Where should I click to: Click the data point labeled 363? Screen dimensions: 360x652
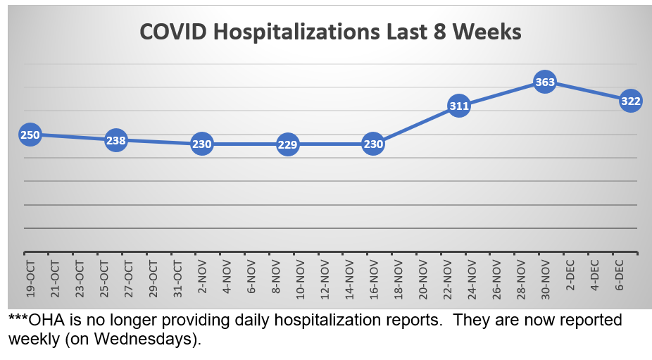click(x=545, y=82)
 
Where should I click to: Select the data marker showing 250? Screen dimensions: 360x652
click(x=30, y=135)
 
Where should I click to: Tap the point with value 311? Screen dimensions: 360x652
click(x=458, y=106)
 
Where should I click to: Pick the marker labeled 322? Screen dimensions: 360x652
click(x=630, y=101)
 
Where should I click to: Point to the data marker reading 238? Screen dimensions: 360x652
click(x=116, y=140)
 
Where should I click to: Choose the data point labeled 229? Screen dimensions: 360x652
click(x=287, y=145)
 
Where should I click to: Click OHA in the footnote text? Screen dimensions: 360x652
click(x=44, y=321)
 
